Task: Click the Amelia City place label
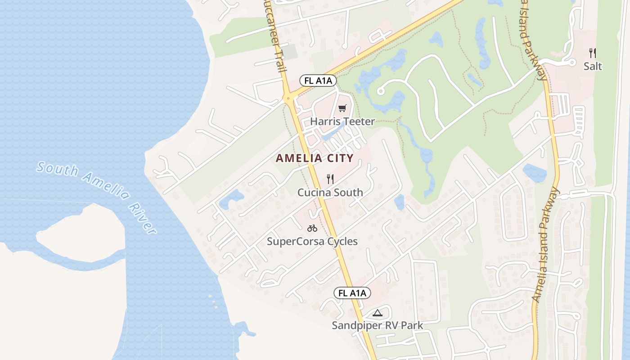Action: [x=315, y=158]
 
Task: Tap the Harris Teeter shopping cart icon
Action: [x=342, y=108]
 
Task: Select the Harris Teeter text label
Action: [x=342, y=121]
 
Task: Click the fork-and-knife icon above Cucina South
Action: [x=330, y=179]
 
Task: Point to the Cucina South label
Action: [x=330, y=193]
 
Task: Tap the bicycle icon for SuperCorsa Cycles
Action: [x=312, y=228]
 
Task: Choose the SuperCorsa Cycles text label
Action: [x=312, y=242]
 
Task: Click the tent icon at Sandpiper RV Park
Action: [x=377, y=313]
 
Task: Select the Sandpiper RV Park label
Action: [x=377, y=325]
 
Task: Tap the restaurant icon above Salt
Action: [x=593, y=53]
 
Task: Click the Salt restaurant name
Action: [x=593, y=67]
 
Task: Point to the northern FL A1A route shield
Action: [x=318, y=81]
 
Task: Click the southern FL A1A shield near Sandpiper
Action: [x=352, y=293]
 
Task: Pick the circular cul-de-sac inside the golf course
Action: [x=381, y=91]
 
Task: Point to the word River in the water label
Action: [x=142, y=218]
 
